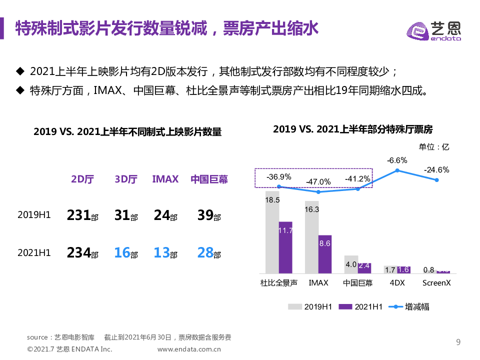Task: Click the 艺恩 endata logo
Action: coord(433,31)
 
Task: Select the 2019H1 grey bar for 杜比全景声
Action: coord(272,232)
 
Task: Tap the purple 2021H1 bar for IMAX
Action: coord(325,254)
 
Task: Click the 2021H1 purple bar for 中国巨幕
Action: coord(364,268)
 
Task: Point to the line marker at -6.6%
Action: coord(397,170)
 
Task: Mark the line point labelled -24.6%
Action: coord(436,180)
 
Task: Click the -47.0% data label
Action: coord(318,181)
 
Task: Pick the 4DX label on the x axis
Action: coord(397,283)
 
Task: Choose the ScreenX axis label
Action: coord(436,283)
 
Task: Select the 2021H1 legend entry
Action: coord(360,307)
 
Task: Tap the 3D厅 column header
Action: coord(126,179)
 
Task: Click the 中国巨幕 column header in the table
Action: coord(209,179)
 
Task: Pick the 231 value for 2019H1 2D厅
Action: coord(79,215)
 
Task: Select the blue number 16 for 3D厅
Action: coord(122,252)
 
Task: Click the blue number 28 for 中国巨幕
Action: coord(205,252)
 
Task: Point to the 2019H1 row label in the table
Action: coord(34,215)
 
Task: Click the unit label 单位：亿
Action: coord(433,146)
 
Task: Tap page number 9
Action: coord(458,342)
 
